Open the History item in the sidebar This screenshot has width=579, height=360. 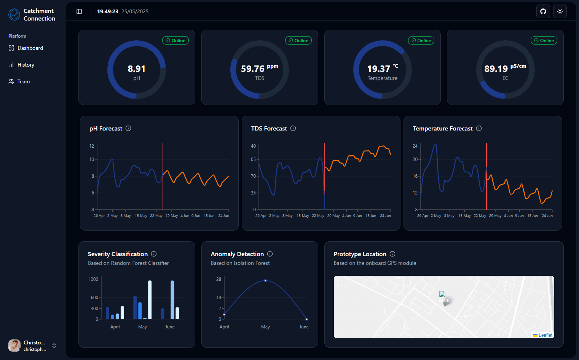tap(21, 65)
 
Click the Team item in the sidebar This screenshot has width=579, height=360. tap(19, 82)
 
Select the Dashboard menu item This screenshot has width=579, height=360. tap(26, 48)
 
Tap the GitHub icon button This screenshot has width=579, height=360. tap(543, 11)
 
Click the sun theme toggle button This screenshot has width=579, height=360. tap(560, 11)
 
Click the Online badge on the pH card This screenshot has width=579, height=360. tap(175, 41)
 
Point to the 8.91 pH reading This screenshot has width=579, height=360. tap(137, 69)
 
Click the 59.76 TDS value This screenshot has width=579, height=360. tap(252, 69)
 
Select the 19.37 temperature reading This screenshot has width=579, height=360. tap(379, 69)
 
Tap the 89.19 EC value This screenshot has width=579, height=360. tap(496, 69)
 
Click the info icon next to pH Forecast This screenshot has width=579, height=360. tap(128, 129)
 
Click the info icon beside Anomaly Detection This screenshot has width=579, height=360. tap(270, 254)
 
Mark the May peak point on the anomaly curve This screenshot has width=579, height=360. tap(265, 280)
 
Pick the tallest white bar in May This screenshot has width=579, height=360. tap(150, 300)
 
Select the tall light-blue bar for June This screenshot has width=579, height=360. tap(172, 300)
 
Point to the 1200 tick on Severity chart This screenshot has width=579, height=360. tap(93, 279)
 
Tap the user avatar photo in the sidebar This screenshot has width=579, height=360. tap(14, 346)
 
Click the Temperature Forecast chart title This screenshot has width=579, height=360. tap(442, 129)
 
